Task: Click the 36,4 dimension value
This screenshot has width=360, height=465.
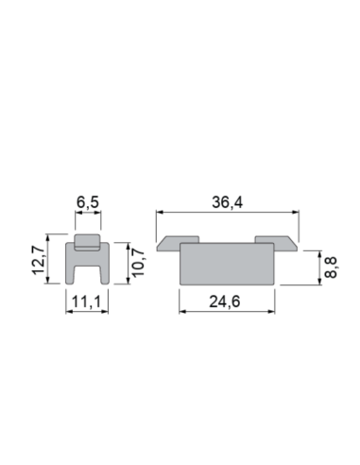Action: [x=227, y=201]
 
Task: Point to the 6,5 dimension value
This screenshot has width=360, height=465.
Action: [x=87, y=201]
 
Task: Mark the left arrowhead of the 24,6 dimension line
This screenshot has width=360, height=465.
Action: [x=183, y=312]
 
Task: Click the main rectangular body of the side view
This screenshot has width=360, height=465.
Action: [x=227, y=263]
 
